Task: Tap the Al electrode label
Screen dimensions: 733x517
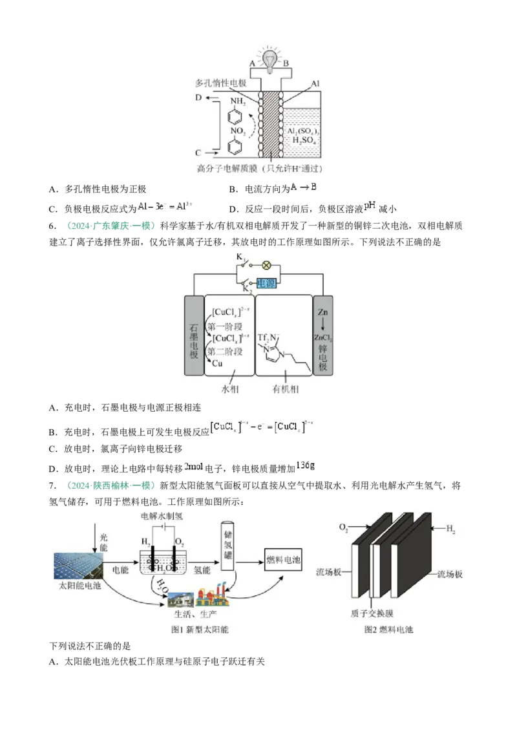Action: pyautogui.click(x=315, y=84)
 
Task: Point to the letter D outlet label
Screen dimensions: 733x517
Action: pyautogui.click(x=199, y=98)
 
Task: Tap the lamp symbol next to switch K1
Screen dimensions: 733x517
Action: pyautogui.click(x=264, y=264)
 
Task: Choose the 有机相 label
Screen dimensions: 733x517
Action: pyautogui.click(x=286, y=389)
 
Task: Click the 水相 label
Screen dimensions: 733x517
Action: pyautogui.click(x=231, y=389)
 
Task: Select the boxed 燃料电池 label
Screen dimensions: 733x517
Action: pyautogui.click(x=284, y=560)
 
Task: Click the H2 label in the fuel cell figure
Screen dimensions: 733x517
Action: pyautogui.click(x=450, y=528)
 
